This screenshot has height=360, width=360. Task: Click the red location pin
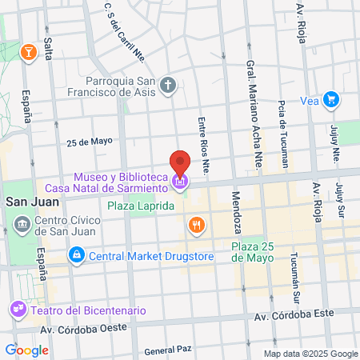pos(181,164)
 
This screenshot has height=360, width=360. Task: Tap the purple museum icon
pos(181,182)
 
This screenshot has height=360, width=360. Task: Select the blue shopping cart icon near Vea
pos(332,100)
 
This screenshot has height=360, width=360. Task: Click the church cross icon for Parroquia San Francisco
pos(168,84)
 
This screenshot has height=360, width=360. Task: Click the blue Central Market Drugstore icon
pos(76,256)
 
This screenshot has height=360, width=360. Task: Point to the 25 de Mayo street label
pos(90,141)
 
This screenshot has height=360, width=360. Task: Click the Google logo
pos(26,350)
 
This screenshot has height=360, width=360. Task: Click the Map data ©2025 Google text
pos(311,354)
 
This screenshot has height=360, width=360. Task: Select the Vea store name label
pos(310,100)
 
